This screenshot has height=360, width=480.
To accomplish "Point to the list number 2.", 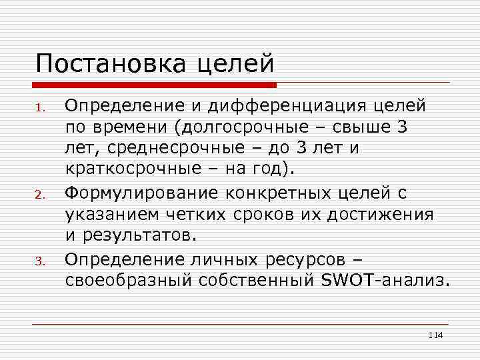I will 41,195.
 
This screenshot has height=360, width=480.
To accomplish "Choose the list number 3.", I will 41,261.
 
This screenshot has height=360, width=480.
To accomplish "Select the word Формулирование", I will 142,193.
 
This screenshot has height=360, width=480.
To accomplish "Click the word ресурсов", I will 303,257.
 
